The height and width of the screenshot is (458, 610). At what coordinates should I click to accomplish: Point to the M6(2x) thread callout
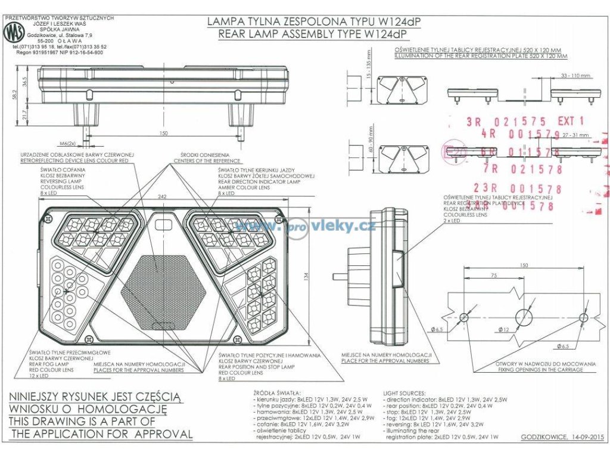tap(67, 143)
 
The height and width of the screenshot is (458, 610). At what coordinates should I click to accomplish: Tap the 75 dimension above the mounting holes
tap(494, 276)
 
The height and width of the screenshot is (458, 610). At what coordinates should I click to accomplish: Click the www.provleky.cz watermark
tap(305, 225)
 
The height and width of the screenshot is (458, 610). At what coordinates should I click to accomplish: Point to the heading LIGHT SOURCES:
tap(406, 394)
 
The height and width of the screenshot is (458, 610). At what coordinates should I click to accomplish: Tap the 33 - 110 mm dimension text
tap(575, 76)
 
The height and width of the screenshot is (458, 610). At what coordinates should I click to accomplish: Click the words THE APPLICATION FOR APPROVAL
tap(101, 434)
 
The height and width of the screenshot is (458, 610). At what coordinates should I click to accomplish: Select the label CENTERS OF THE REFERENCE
tap(206, 161)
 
